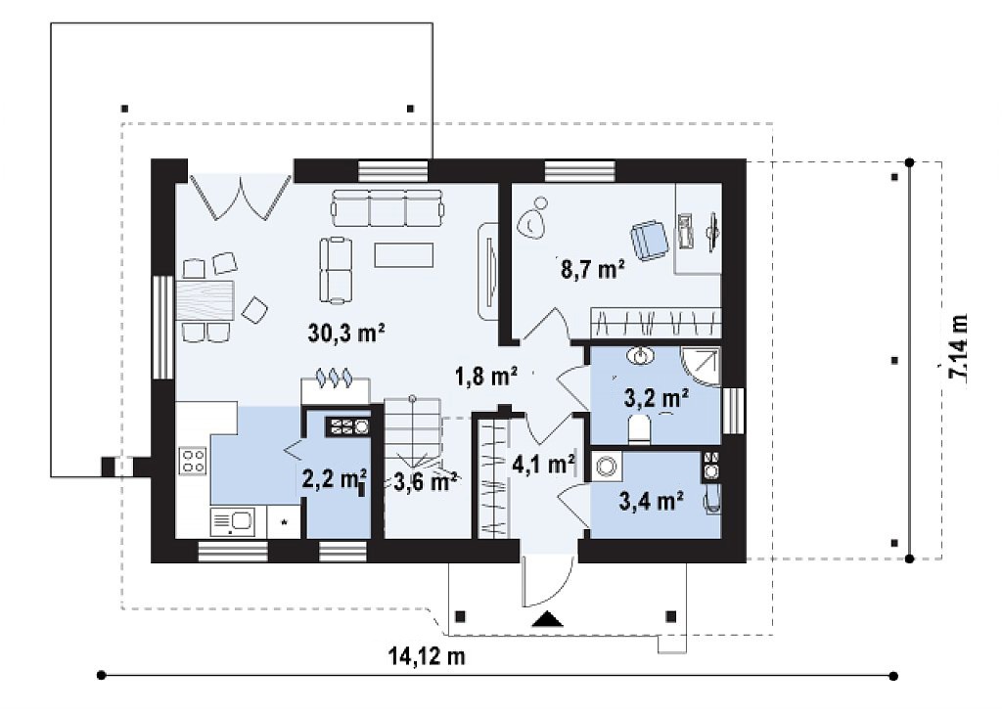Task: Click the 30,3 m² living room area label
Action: [345, 333]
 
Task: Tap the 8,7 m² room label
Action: [592, 270]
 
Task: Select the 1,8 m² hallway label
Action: [485, 377]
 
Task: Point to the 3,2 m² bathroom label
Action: [657, 398]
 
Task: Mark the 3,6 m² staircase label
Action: [425, 481]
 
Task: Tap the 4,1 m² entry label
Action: [544, 464]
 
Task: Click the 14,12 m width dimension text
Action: [427, 655]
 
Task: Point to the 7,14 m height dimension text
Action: [959, 348]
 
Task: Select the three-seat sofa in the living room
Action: [387, 208]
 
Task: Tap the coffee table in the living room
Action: [404, 254]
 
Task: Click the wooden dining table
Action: [205, 300]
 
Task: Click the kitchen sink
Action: [232, 521]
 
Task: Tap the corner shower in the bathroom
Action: [701, 366]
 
